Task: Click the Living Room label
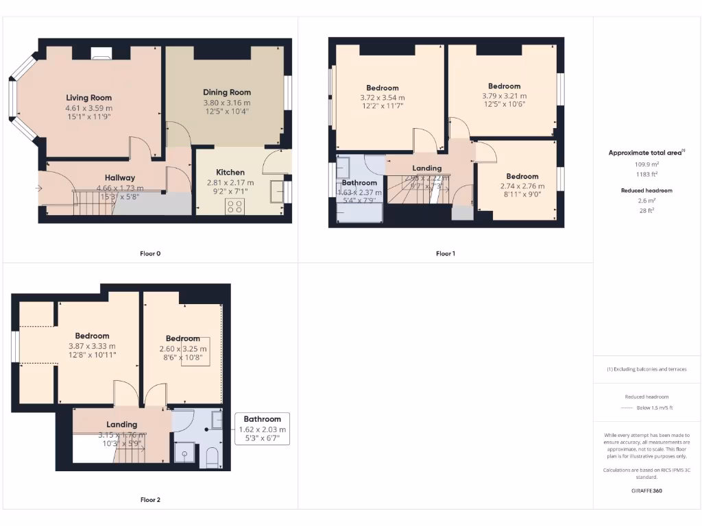(88, 98)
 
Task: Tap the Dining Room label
(227, 92)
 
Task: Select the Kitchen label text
(230, 173)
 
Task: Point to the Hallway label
(120, 178)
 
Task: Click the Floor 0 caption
(150, 253)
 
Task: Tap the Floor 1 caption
(445, 253)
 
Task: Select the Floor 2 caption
(150, 500)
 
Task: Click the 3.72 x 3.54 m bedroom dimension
(382, 98)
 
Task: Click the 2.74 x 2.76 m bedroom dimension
(522, 186)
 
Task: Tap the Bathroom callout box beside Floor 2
(263, 429)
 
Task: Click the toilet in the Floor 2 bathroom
(212, 457)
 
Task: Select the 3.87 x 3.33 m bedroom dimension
(92, 346)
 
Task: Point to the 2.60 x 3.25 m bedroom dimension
(182, 349)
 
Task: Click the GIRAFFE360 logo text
(646, 490)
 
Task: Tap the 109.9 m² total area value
(646, 164)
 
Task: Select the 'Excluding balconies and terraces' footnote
(646, 369)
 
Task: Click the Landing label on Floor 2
(121, 425)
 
